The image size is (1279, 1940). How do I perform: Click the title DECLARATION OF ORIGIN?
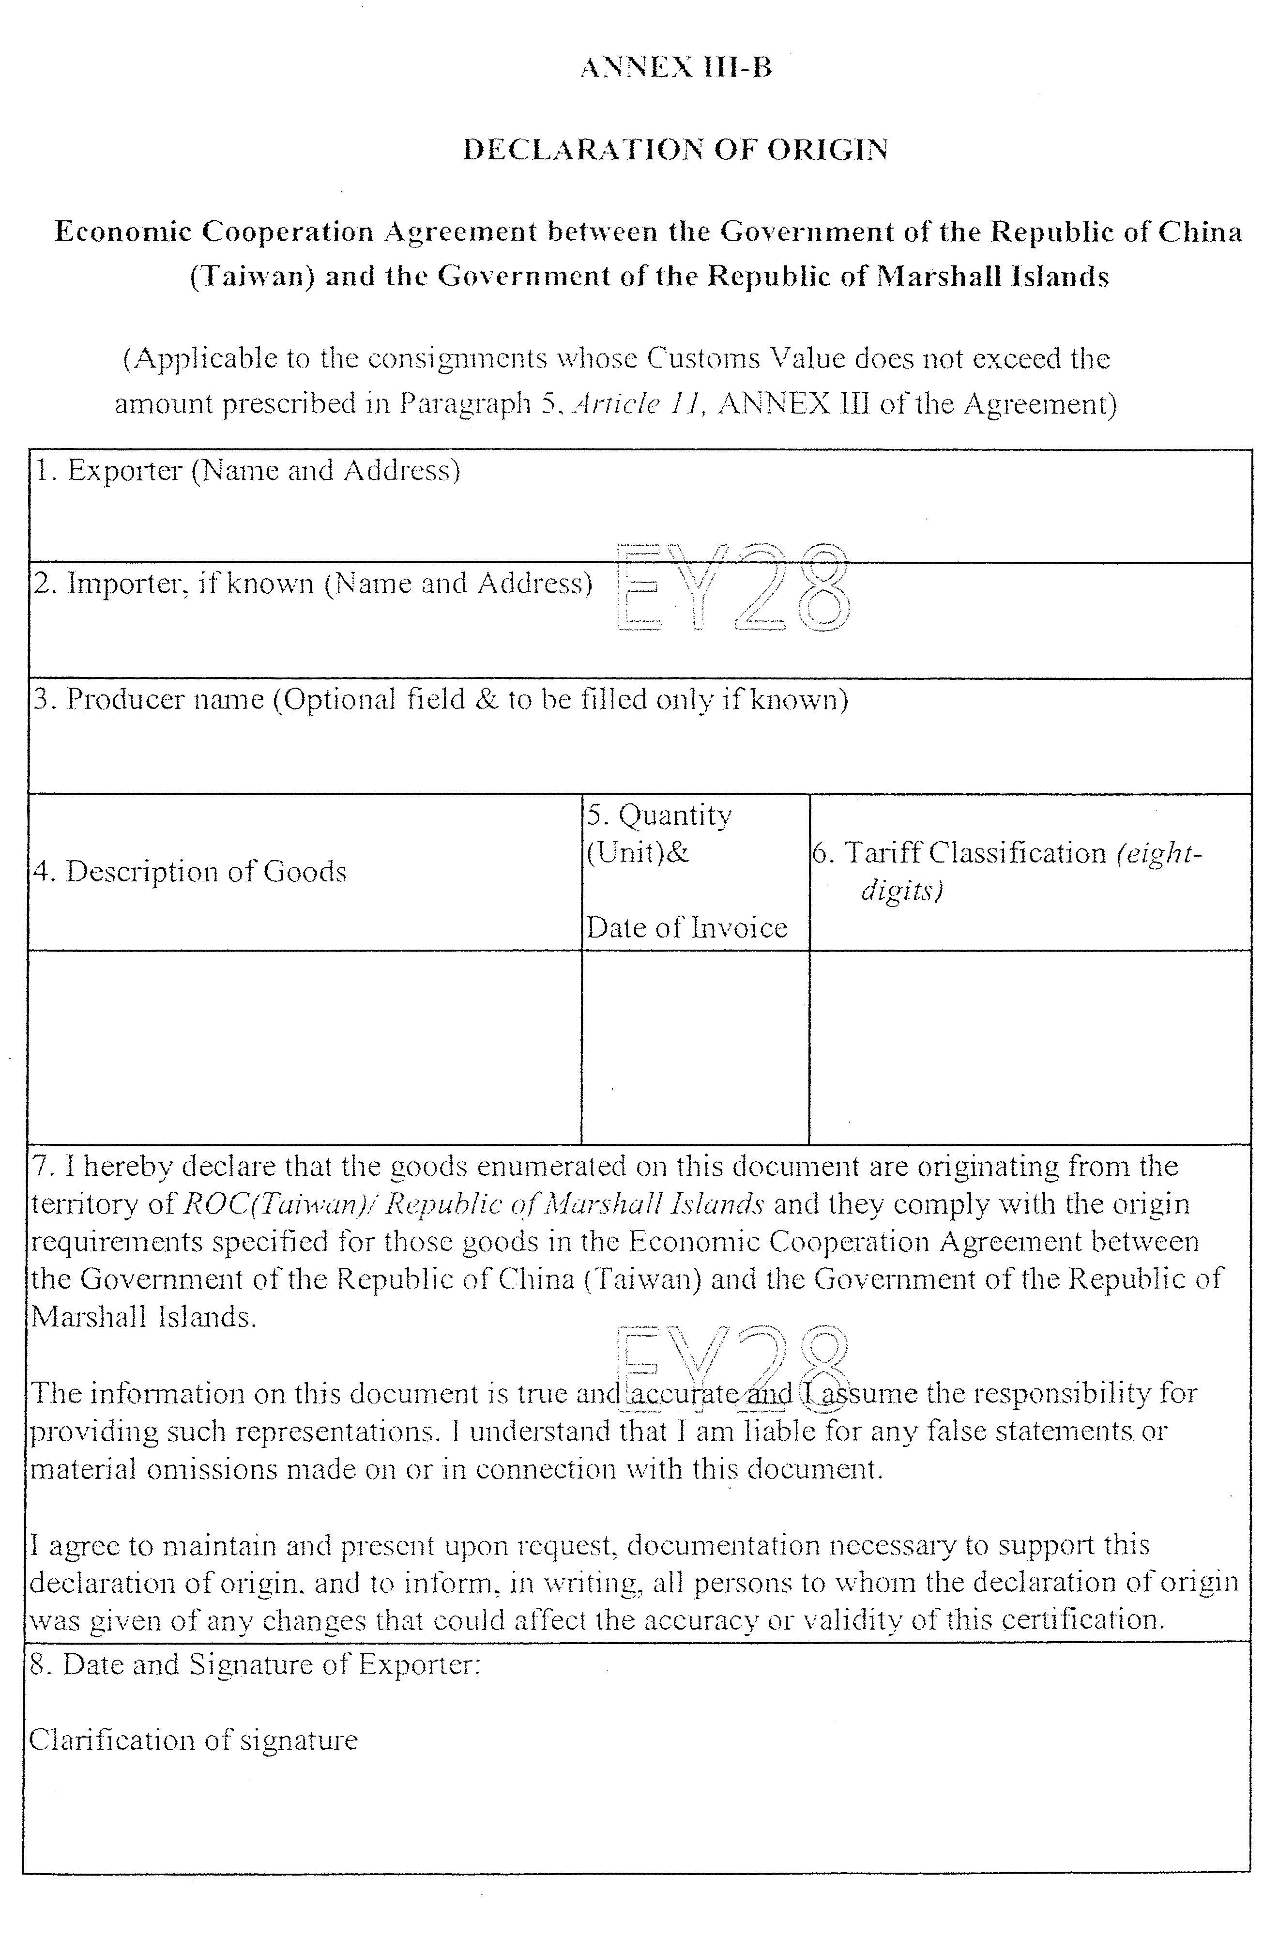[x=675, y=150]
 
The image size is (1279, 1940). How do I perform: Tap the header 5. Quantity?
[x=659, y=815]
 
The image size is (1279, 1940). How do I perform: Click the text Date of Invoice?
[x=687, y=927]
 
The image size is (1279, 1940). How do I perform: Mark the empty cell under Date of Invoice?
[x=695, y=1047]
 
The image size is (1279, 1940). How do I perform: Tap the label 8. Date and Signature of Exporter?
[x=255, y=1664]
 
